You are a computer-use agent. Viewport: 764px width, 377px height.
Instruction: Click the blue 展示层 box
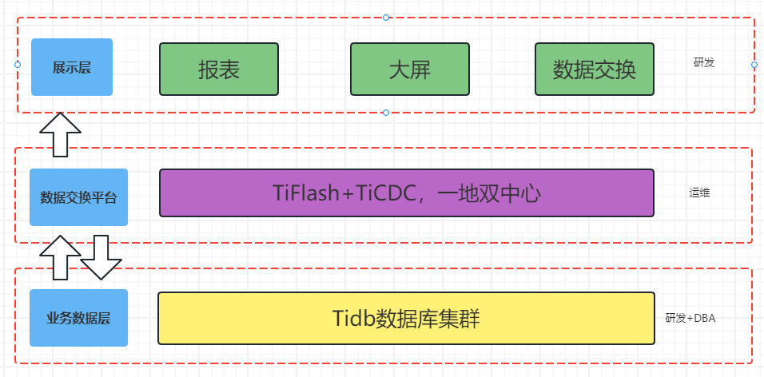coord(72,67)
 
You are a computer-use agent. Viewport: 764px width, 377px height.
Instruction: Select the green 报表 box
coord(219,69)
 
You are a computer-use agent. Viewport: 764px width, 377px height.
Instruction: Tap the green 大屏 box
coord(409,69)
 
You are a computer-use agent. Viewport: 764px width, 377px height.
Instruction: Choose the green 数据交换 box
coord(595,69)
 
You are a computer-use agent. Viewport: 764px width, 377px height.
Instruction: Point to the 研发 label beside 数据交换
coord(704,62)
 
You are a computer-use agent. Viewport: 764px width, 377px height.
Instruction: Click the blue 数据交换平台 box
coord(78,197)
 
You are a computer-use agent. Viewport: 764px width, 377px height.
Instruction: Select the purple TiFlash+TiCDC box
coord(406,192)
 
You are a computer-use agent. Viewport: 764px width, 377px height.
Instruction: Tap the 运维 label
coord(700,192)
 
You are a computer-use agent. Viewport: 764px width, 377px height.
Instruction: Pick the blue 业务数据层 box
coord(78,318)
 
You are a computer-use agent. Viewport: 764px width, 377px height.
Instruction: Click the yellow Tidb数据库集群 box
coord(406,318)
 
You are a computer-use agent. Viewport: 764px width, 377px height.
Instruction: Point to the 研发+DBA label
coord(690,318)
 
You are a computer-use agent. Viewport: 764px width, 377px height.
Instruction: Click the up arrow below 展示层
coord(60,134)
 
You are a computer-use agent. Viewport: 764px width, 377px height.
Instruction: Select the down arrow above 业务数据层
coord(101,257)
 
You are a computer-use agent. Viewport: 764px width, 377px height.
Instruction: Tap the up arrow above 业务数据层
coord(60,257)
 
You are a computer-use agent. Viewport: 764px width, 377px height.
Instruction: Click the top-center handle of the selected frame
coord(386,17)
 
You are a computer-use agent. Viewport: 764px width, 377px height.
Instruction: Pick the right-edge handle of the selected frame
coord(754,65)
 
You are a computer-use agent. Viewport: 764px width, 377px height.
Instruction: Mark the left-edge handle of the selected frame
coord(17,63)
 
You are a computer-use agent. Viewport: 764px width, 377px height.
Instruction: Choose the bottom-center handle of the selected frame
coord(386,113)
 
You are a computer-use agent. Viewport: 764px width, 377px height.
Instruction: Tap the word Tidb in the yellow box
coord(353,318)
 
